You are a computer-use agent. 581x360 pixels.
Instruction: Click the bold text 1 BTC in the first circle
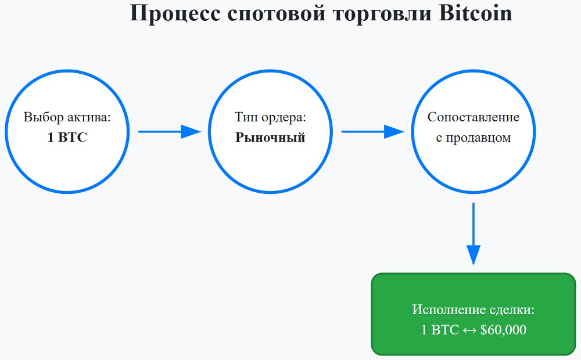pyautogui.click(x=67, y=138)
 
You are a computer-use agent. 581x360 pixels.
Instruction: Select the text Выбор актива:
pyautogui.click(x=67, y=117)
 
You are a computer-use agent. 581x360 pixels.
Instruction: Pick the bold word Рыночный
pyautogui.click(x=270, y=138)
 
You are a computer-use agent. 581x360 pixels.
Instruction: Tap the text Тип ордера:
pyautogui.click(x=270, y=117)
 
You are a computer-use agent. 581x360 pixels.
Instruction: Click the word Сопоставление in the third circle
pyautogui.click(x=474, y=117)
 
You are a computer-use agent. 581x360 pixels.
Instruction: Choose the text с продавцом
pyautogui.click(x=474, y=138)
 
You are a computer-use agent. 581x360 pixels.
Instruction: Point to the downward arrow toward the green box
pyautogui.click(x=474, y=232)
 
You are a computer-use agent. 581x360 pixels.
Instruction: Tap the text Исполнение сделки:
pyautogui.click(x=474, y=309)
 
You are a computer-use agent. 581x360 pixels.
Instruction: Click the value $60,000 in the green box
pyautogui.click(x=503, y=330)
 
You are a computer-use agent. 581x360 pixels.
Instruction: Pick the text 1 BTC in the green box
pyautogui.click(x=440, y=330)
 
